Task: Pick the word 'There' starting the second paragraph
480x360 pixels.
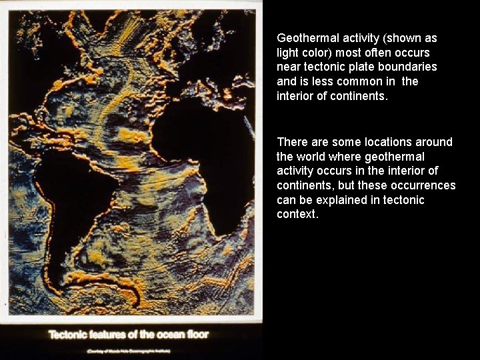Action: [291, 142]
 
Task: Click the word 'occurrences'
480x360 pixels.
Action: [423, 185]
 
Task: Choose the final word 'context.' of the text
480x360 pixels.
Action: [298, 215]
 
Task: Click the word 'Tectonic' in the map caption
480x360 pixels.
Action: [69, 335]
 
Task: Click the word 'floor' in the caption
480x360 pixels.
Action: [197, 335]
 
